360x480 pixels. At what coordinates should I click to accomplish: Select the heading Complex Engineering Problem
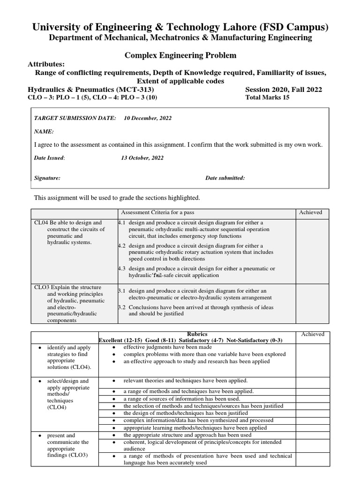coord(180,55)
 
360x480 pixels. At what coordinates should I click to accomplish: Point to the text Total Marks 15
coord(268,97)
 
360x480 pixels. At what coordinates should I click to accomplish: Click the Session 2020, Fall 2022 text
coord(284,90)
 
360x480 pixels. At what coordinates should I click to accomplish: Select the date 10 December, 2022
coord(148,118)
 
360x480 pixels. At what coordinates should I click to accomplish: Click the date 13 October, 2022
coord(142,158)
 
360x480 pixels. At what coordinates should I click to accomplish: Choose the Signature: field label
coord(47,178)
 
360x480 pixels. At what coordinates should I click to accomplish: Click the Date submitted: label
coord(225,178)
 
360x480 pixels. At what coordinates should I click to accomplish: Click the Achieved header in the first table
coord(310,212)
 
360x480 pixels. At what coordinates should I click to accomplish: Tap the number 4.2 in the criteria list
coord(121,246)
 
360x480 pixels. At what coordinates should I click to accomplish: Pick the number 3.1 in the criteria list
coord(121,291)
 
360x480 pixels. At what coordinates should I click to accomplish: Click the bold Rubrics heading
coord(197,333)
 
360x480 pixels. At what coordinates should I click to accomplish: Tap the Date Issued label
coord(49,158)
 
